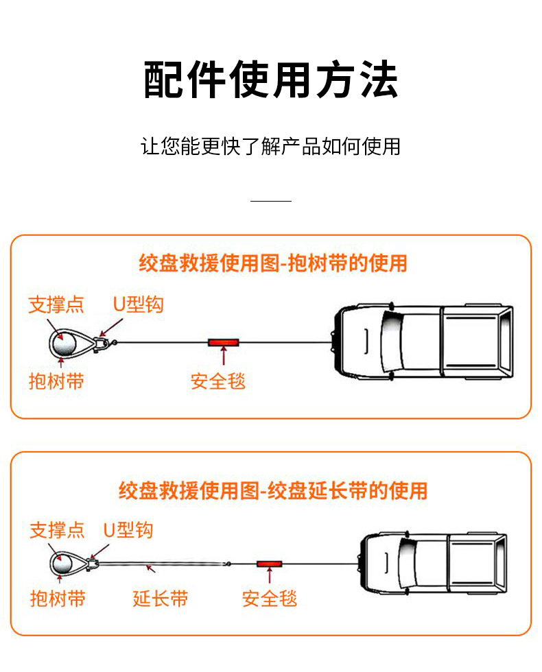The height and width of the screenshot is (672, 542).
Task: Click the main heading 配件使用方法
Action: pos(271,80)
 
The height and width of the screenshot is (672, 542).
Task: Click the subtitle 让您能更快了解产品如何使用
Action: pos(271,146)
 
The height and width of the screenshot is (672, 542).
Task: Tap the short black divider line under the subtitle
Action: pos(271,201)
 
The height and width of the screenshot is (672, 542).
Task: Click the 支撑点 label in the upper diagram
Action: pos(56,304)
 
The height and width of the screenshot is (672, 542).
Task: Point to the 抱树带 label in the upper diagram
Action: pos(56,381)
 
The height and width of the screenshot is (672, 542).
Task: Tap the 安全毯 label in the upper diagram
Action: pos(218,381)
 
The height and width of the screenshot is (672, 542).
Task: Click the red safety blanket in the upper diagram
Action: pos(224,341)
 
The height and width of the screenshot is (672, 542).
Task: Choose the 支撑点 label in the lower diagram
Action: pos(57,530)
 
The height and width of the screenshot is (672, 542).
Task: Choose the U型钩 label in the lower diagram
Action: pos(128,530)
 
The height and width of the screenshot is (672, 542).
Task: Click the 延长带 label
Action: pos(161,598)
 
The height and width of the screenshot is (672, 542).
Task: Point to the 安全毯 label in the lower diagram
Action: pos(270,598)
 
